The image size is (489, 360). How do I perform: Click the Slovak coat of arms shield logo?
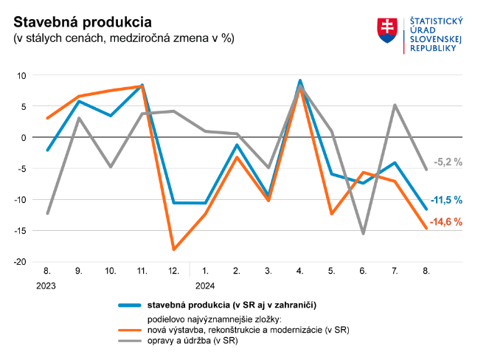click(387, 30)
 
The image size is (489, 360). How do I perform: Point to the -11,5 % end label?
click(448, 200)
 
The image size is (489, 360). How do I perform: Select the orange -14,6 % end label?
click(448, 221)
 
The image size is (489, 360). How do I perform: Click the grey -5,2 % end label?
click(448, 162)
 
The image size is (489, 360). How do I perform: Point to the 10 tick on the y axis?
click(21, 75)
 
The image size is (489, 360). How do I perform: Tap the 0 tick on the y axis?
click(24, 137)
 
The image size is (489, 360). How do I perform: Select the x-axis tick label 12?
click(173, 271)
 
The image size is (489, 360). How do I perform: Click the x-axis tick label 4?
click(300, 271)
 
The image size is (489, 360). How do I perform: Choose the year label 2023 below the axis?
click(46, 285)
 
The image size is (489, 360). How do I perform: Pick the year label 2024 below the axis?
click(205, 285)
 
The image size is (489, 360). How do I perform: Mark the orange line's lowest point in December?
click(174, 249)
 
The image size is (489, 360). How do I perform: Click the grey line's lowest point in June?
click(363, 234)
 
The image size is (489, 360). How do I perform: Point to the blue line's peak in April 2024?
click(300, 80)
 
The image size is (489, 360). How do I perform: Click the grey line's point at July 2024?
click(395, 105)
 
